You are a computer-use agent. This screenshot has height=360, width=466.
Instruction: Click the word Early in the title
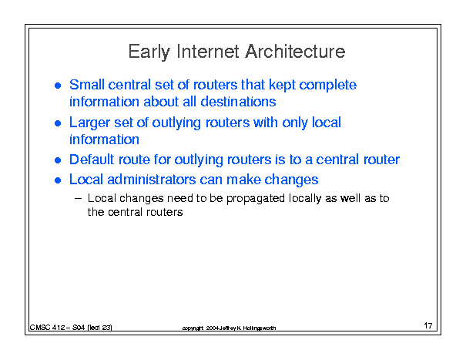pos(149,52)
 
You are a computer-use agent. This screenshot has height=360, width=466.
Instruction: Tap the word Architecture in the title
pos(295,51)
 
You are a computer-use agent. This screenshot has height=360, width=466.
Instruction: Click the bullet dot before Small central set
pos(58,86)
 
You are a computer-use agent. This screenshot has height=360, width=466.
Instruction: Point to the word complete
pos(327,86)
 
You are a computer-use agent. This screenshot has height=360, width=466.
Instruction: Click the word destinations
pos(238,102)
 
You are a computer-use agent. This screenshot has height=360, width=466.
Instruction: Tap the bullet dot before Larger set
pos(58,123)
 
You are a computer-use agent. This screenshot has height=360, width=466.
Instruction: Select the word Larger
pos(89,123)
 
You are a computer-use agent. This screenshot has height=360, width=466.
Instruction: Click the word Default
pos(92,160)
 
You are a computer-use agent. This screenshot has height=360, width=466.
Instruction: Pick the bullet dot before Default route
pos(58,160)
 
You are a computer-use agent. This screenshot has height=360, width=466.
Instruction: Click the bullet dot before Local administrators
pos(58,180)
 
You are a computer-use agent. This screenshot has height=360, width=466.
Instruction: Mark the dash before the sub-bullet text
pos(78,198)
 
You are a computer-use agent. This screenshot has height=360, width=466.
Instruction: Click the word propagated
pos(256,199)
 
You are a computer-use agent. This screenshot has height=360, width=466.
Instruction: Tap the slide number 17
pos(428,325)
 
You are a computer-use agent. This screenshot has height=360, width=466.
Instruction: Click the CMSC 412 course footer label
pos(71,328)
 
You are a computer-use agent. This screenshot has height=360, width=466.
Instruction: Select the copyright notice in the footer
pos(229,328)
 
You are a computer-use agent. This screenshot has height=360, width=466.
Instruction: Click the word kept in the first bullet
pos(281,86)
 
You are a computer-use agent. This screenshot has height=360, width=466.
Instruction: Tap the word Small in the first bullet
pos(86,85)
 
